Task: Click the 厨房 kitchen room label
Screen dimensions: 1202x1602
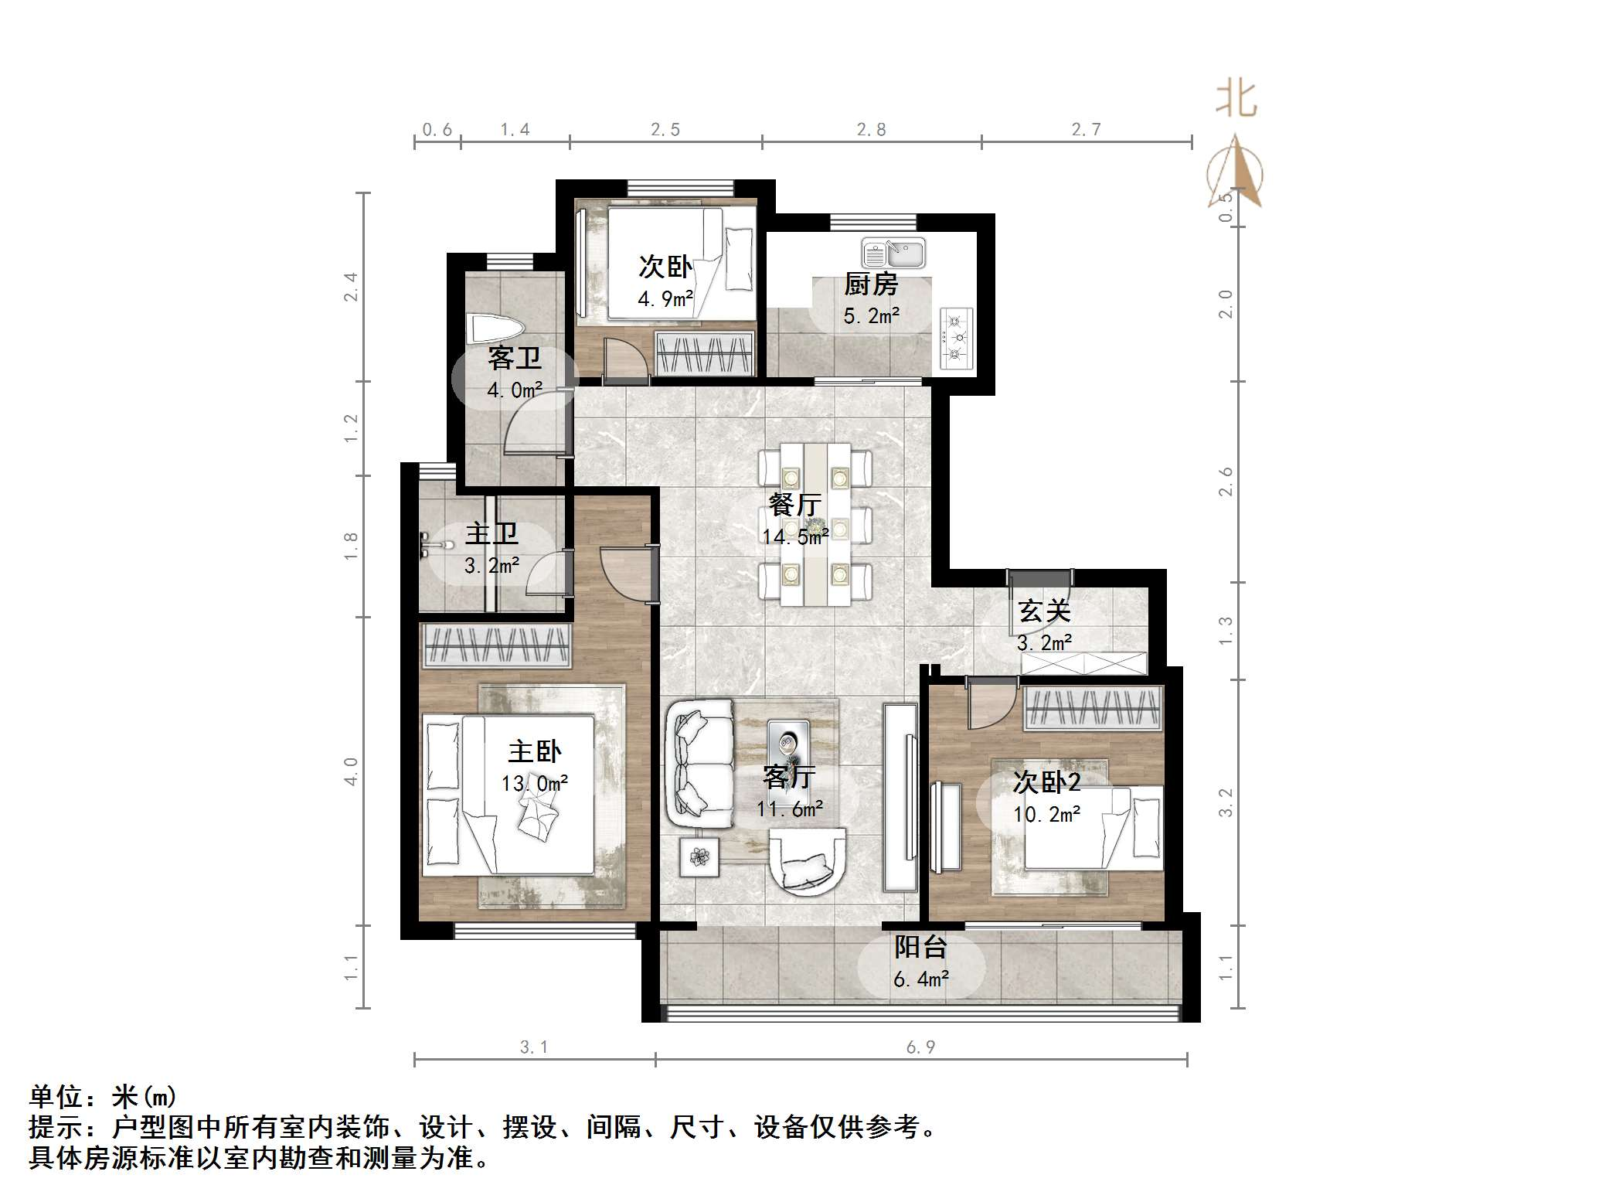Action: point(870,284)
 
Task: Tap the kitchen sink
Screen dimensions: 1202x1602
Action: point(894,253)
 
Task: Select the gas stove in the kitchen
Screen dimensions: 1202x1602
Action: point(956,338)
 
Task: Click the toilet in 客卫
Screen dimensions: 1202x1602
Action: point(493,329)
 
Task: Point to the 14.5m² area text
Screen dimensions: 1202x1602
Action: point(796,536)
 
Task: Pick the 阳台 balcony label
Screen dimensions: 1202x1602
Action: point(920,947)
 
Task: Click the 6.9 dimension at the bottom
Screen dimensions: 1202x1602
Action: point(920,1047)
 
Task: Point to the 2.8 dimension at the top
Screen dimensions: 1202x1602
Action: point(871,130)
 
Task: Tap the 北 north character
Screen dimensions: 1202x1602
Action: point(1236,100)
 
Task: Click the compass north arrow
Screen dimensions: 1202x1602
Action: point(1236,172)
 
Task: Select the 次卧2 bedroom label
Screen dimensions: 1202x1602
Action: point(1046,782)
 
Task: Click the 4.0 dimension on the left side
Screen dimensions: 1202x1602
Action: point(351,771)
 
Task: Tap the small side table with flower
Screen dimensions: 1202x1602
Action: point(699,857)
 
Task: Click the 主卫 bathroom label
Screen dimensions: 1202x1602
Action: point(491,533)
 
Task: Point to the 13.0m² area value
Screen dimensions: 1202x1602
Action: point(535,784)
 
